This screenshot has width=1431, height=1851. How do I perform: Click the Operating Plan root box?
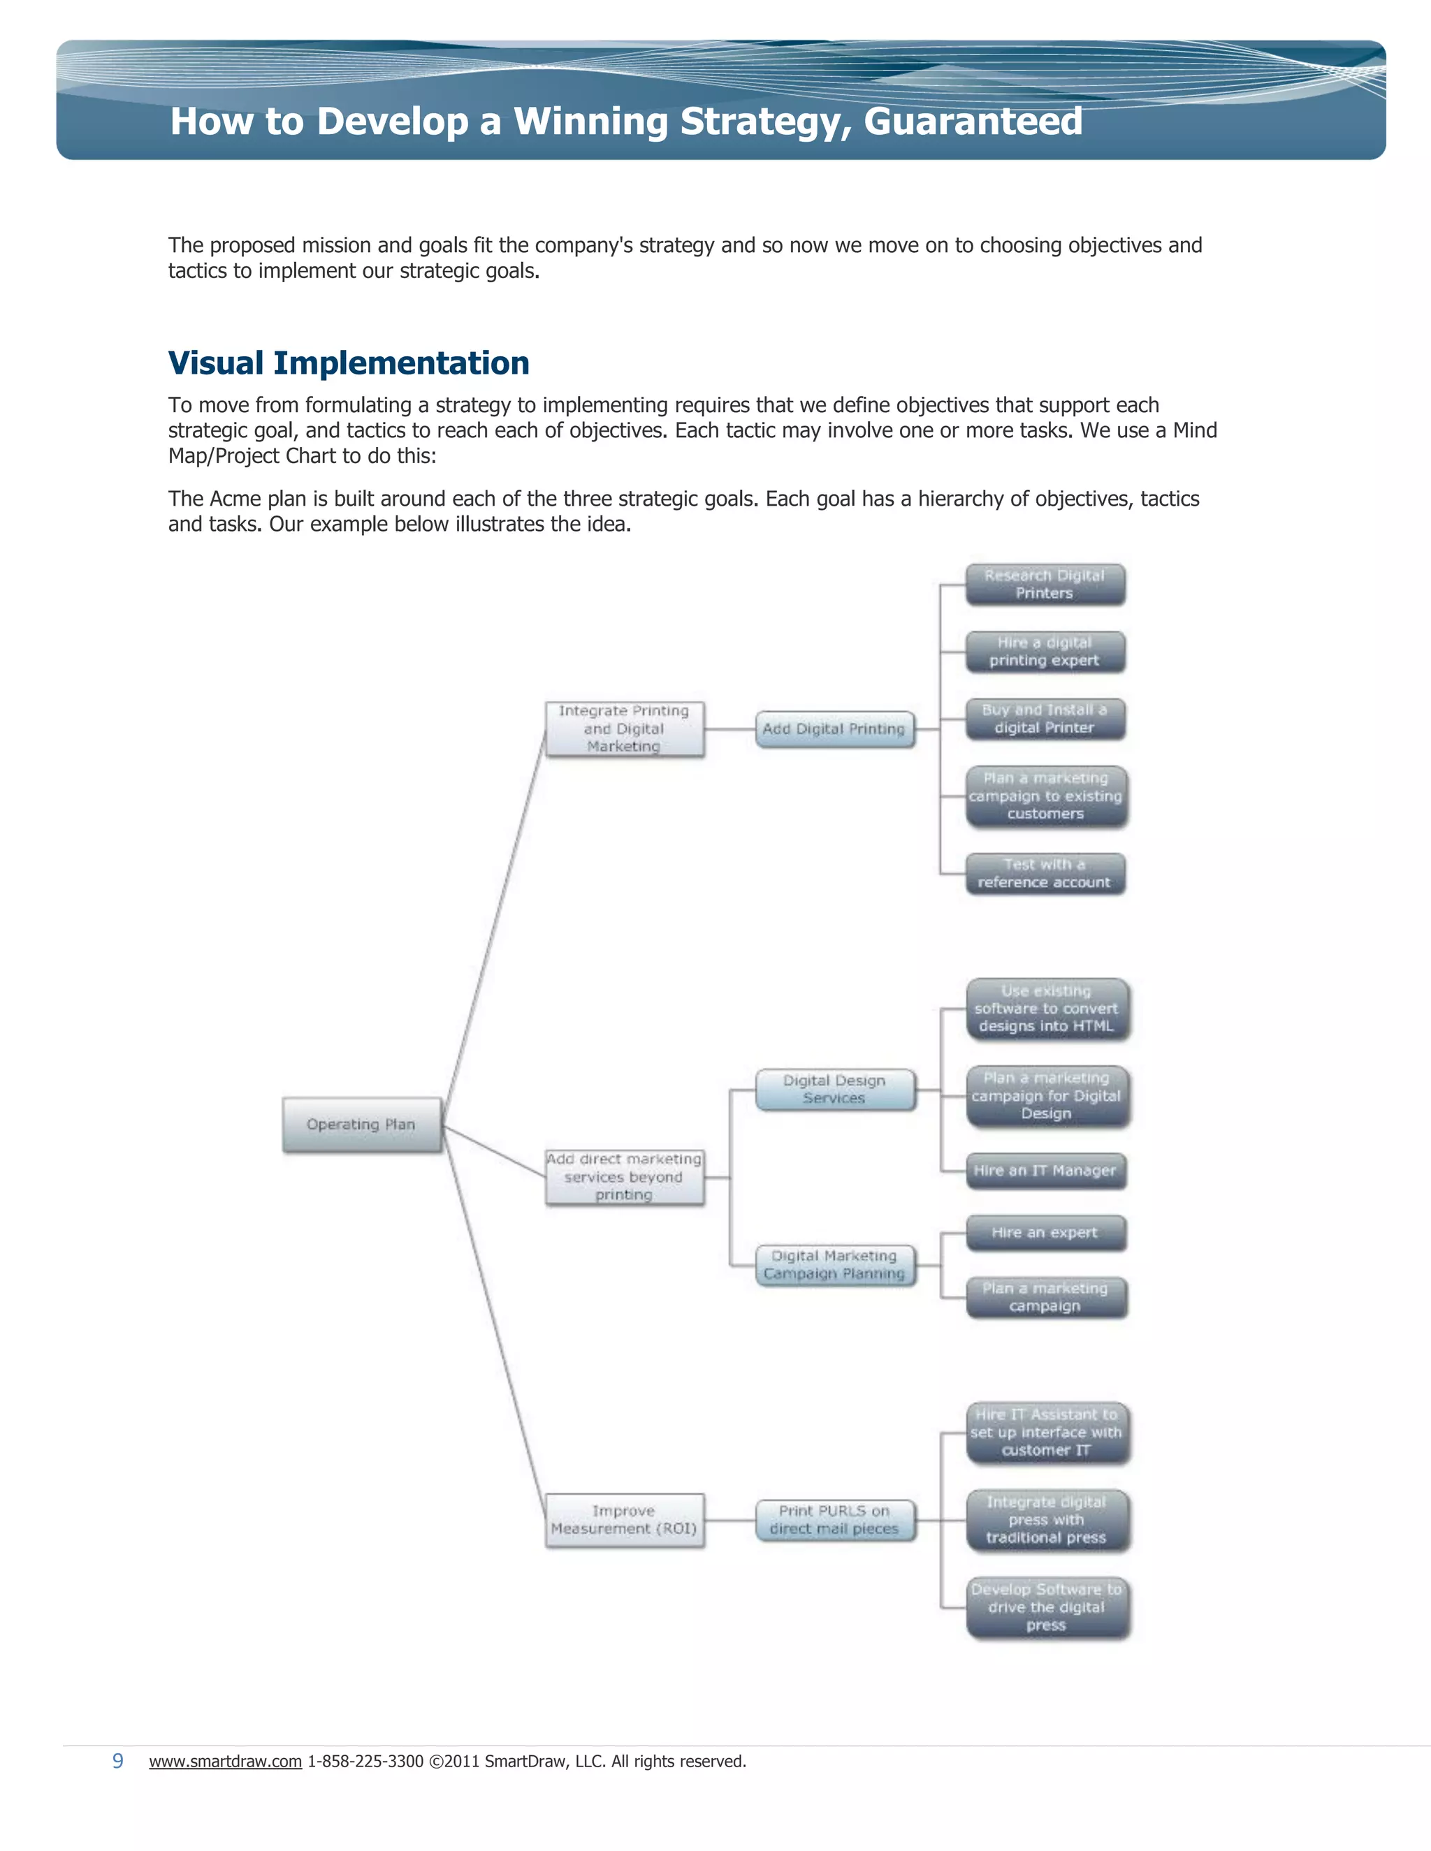click(x=362, y=1125)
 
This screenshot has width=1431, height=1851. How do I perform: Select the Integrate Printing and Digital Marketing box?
click(x=624, y=729)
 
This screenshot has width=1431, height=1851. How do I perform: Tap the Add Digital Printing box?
click(x=834, y=729)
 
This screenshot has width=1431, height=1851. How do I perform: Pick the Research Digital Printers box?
click(x=1045, y=584)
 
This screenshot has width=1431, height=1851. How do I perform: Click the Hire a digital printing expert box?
click(x=1045, y=652)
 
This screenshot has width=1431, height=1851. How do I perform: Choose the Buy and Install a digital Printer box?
click(x=1045, y=719)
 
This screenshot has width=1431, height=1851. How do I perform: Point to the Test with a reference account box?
click(x=1045, y=874)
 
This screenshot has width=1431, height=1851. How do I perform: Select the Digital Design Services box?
click(x=835, y=1089)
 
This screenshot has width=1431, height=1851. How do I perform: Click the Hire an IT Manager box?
click(x=1045, y=1171)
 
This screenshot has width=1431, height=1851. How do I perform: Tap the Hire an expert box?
click(x=1045, y=1233)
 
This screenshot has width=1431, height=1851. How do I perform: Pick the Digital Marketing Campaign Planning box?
click(x=835, y=1264)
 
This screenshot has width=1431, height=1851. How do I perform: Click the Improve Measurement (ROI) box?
click(x=624, y=1520)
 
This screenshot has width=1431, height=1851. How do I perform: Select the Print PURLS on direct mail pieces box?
click(x=835, y=1520)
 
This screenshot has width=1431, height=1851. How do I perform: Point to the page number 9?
click(x=118, y=1761)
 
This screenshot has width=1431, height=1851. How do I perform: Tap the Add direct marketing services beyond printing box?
click(x=624, y=1176)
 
